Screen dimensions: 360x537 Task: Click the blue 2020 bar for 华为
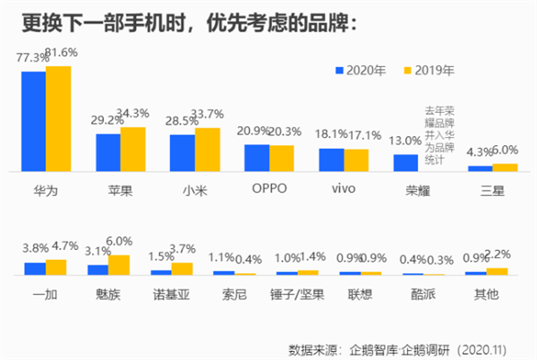pos(34,121)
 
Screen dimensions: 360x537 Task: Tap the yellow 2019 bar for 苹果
pos(132,149)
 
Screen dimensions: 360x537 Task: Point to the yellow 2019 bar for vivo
pos(356,159)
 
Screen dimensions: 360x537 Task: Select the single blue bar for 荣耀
pos(405,162)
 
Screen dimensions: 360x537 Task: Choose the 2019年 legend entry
pos(428,69)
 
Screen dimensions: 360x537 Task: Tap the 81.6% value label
pos(60,53)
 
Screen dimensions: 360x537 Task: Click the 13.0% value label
pos(405,141)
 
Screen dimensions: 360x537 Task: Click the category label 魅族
pos(109,293)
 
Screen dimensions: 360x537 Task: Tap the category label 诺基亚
pos(171,293)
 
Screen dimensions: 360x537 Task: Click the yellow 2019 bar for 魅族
pos(119,264)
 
